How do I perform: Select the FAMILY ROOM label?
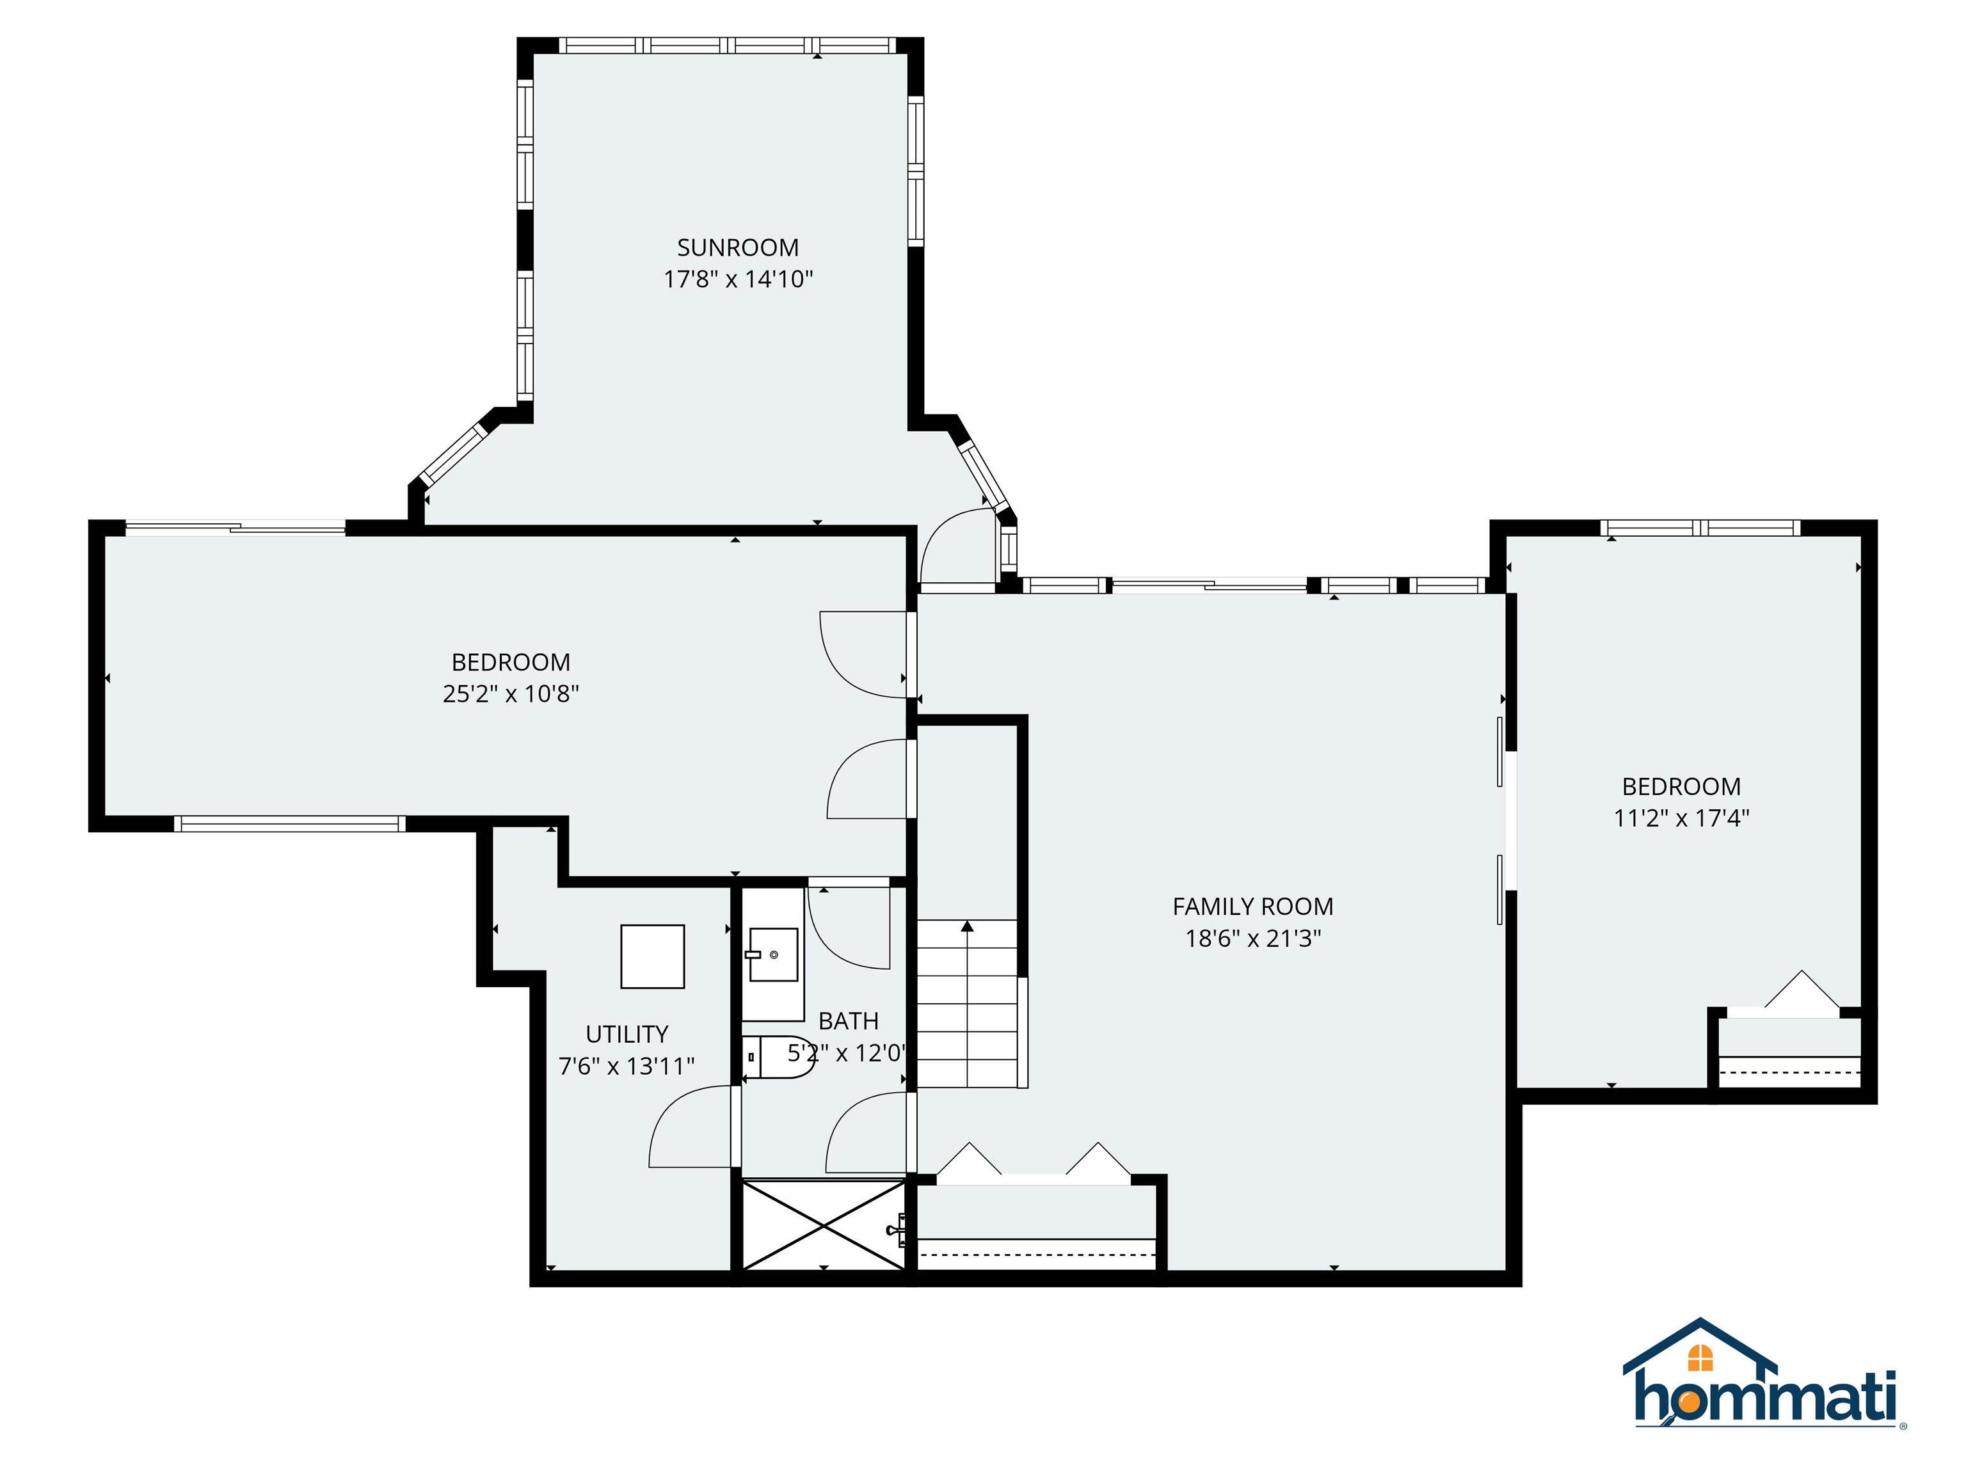tap(1252, 907)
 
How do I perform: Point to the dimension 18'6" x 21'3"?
tap(1252, 939)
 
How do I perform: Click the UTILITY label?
tap(626, 1034)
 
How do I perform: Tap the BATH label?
tap(848, 1021)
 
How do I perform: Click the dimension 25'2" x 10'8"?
tap(510, 694)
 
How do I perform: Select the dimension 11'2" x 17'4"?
tap(1681, 818)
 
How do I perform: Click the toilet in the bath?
tap(777, 1058)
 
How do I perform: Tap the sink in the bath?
tap(772, 955)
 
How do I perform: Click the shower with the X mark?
tap(823, 1224)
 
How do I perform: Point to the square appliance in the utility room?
tap(652, 957)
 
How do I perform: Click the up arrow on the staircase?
tap(967, 928)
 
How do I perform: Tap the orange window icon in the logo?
tap(1699, 1358)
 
